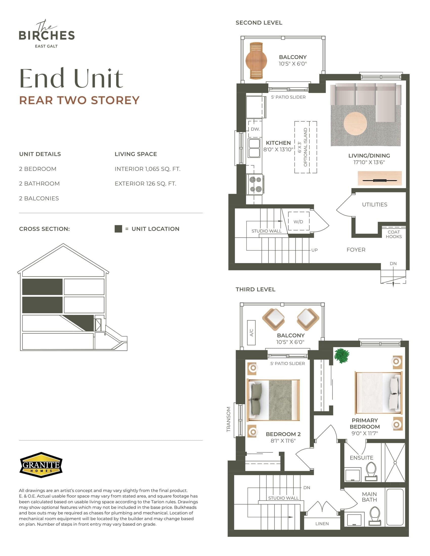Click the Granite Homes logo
click(x=41, y=465)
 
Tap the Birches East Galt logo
click(x=47, y=34)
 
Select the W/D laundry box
click(x=298, y=221)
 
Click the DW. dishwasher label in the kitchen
click(x=255, y=129)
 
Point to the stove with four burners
click(x=255, y=184)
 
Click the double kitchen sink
click(x=254, y=148)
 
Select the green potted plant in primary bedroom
click(x=341, y=355)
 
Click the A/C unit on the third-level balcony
click(x=251, y=333)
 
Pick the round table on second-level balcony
click(x=256, y=61)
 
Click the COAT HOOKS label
click(x=394, y=234)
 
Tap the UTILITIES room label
click(x=374, y=204)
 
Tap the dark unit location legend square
click(x=118, y=229)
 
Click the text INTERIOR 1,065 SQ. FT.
click(x=147, y=169)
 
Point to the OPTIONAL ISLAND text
click(x=306, y=147)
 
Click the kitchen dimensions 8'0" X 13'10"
click(x=278, y=149)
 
